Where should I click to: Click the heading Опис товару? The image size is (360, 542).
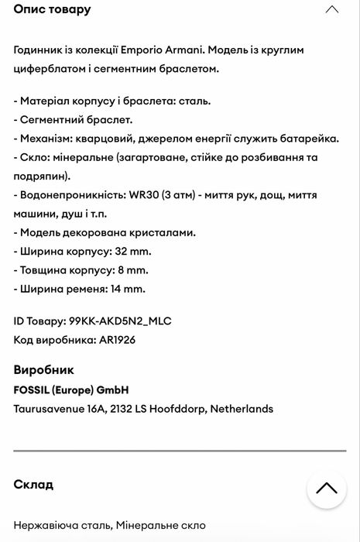(x=52, y=9)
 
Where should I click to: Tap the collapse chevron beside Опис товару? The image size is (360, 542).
(x=331, y=9)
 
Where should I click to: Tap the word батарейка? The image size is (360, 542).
(x=309, y=139)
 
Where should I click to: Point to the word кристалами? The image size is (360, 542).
(x=163, y=232)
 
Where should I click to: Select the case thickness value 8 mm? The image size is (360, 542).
(x=131, y=270)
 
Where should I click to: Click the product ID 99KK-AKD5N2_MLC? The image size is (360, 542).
(x=120, y=321)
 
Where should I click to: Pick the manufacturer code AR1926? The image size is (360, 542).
(x=118, y=340)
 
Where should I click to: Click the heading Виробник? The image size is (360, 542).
(x=44, y=369)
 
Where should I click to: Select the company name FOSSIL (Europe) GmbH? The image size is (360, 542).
(x=71, y=389)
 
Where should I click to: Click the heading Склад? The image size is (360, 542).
(x=33, y=484)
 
